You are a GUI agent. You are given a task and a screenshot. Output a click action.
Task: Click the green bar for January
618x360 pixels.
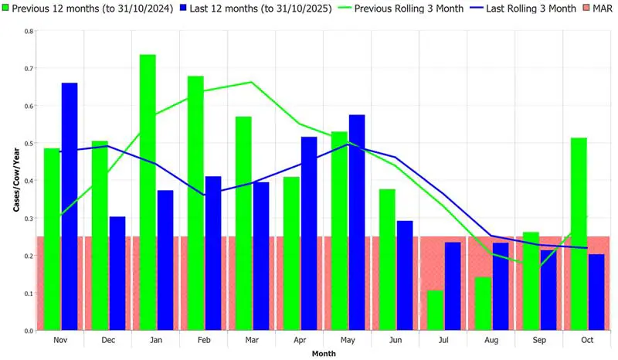point(148,192)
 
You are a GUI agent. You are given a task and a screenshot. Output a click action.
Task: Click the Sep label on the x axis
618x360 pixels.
point(538,340)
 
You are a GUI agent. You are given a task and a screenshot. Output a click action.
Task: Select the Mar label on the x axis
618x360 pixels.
point(251,340)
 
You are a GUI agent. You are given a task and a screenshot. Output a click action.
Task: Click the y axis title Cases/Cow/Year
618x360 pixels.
point(16,181)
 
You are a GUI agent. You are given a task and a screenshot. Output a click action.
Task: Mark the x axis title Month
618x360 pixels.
point(324,354)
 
